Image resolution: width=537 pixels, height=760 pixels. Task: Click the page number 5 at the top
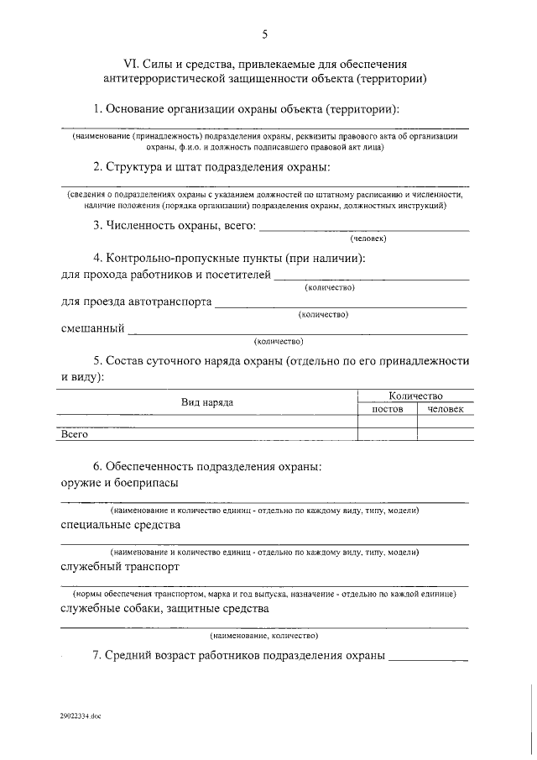(x=265, y=34)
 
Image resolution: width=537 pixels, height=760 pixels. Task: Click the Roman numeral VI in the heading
(x=131, y=64)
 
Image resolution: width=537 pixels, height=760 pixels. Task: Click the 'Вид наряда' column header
(x=207, y=402)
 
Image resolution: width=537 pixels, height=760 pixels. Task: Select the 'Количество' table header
(x=415, y=396)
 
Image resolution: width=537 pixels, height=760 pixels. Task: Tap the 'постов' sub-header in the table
(x=388, y=409)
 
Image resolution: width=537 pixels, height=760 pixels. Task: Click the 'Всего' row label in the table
(x=75, y=434)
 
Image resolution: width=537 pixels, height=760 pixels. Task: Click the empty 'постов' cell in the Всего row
(x=388, y=434)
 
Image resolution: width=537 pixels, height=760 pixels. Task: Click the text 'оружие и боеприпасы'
(x=119, y=483)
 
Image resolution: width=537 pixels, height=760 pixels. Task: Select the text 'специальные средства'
(x=121, y=526)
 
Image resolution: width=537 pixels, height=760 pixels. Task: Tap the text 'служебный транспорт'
(x=120, y=567)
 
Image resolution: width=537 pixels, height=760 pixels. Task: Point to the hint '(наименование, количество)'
(x=264, y=636)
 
